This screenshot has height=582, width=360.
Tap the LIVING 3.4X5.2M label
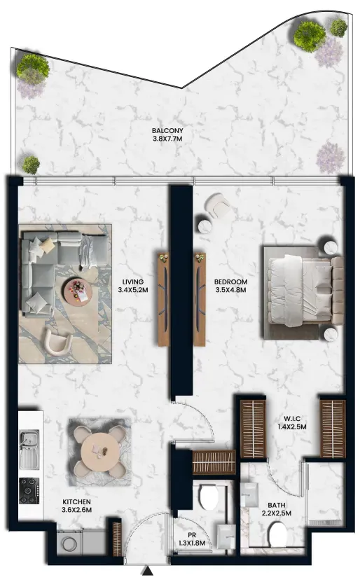point(133,286)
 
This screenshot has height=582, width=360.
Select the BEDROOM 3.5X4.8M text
point(230,286)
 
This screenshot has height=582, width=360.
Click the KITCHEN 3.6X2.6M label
point(76,506)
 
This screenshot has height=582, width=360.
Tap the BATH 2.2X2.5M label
point(277,509)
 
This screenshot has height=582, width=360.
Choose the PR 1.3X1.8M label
point(191,539)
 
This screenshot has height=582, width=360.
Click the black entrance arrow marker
point(148,570)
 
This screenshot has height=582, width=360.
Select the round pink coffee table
point(78,291)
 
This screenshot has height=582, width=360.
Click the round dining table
point(100,451)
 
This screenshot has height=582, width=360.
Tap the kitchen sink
point(29,449)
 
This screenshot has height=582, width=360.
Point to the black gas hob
point(29,490)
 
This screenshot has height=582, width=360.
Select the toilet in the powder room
point(208,497)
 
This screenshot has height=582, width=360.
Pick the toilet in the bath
point(277,534)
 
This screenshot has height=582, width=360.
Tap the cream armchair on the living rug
point(57,341)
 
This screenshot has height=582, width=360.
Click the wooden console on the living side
point(164,299)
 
